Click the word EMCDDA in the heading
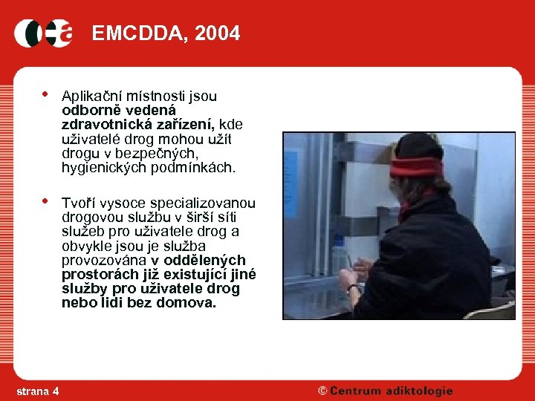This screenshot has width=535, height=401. [140, 33]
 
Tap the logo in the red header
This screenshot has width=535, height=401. [43, 33]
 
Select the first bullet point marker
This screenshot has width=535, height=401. [45, 94]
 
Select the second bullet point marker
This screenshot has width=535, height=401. [45, 201]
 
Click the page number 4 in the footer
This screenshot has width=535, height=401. [56, 391]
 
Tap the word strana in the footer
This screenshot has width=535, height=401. [31, 391]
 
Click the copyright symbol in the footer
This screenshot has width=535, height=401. [323, 391]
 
